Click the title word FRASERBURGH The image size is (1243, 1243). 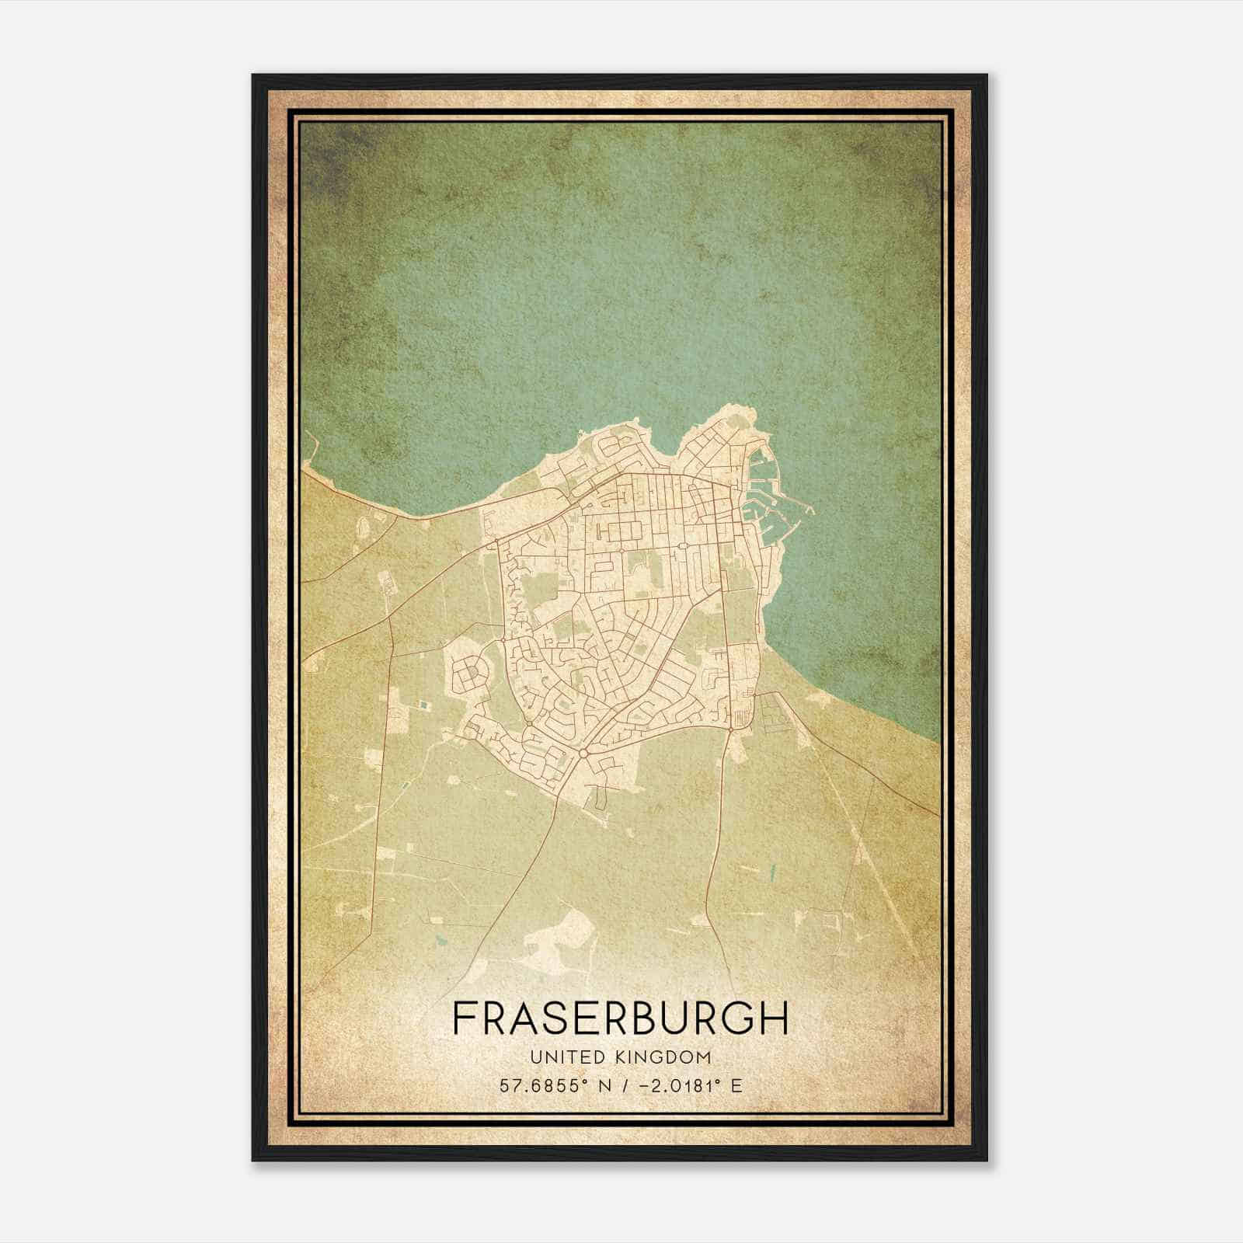[620, 1018]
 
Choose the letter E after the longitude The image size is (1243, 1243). [736, 1085]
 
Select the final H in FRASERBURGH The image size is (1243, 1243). [774, 1018]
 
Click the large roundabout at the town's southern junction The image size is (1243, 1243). [582, 754]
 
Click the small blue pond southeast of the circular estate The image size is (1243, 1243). [423, 705]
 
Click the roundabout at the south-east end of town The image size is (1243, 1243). [731, 727]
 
